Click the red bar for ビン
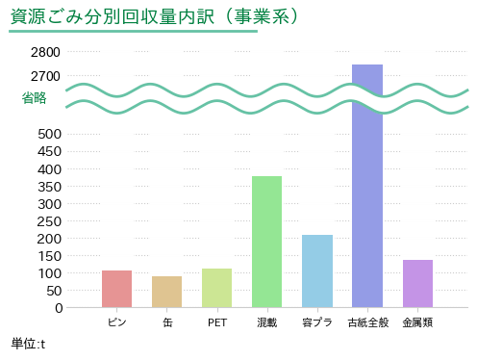tap(116, 289)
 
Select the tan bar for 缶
tap(166, 292)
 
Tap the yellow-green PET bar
tap(216, 288)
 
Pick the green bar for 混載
tap(266, 242)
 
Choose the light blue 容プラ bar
tap(317, 271)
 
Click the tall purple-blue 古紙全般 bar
tap(367, 186)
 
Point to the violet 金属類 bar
tap(417, 284)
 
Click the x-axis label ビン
tap(117, 322)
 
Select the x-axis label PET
tap(217, 322)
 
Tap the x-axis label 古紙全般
tap(368, 322)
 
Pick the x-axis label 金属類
tap(417, 322)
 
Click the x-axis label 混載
tap(266, 322)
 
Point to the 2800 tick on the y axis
tap(45, 52)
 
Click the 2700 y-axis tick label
tap(45, 76)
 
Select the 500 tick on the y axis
tap(49, 134)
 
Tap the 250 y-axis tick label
tap(49, 221)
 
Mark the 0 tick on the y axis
tap(59, 308)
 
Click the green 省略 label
tap(34, 98)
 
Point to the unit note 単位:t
tap(28, 344)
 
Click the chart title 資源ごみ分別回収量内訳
tap(113, 16)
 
